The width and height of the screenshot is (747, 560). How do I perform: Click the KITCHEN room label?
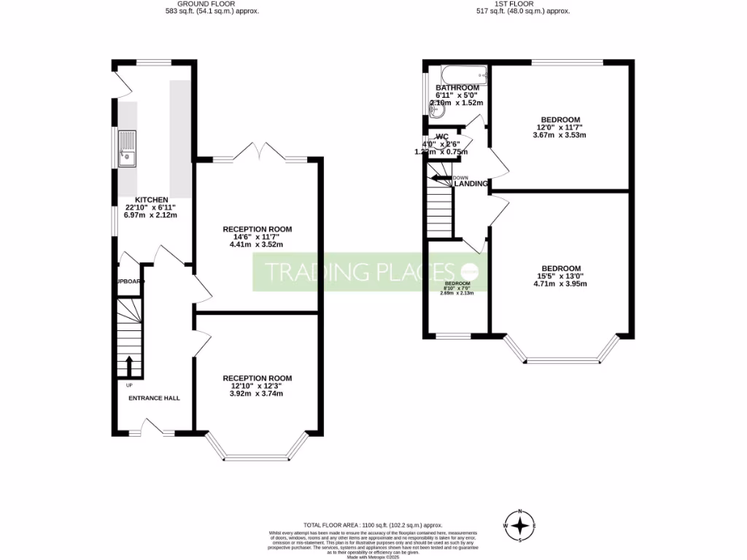151,200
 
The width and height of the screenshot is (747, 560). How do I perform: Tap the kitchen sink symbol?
128,148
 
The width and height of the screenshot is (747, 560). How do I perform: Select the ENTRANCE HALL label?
154,397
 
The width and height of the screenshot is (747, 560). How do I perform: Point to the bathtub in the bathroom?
458,74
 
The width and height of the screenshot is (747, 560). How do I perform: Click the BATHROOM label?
457,87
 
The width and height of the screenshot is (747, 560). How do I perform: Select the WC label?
441,136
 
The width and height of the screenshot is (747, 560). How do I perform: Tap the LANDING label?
471,184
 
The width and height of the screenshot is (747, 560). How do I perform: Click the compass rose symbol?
519,525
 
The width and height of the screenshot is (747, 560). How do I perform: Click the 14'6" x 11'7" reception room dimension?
257,237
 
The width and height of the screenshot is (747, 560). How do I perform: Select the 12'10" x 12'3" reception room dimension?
257,386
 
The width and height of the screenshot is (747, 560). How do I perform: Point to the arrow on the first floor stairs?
441,177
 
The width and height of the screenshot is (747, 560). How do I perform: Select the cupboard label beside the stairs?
128,281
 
